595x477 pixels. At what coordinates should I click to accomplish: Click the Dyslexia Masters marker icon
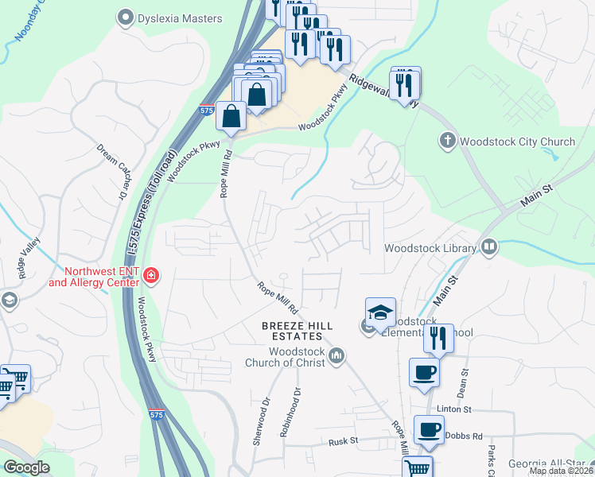(x=125, y=16)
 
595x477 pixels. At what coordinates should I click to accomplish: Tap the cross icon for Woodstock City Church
(x=448, y=142)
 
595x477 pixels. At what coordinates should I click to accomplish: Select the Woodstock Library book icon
(x=488, y=247)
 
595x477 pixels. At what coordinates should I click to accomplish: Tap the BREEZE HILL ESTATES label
(x=294, y=332)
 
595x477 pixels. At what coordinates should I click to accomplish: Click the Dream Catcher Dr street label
(x=112, y=171)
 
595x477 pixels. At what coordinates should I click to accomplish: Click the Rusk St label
(x=345, y=440)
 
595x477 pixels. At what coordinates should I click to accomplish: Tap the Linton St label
(x=454, y=409)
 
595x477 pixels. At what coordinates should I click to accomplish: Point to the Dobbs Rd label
(x=465, y=436)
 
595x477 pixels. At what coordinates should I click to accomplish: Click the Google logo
(x=26, y=467)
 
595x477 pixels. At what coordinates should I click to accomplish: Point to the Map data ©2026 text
(x=561, y=471)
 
